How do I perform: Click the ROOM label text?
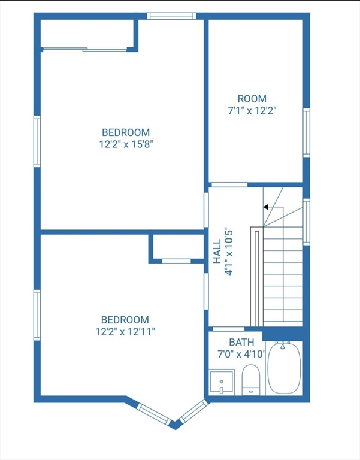click(x=252, y=99)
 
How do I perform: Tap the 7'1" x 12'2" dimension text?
click(x=252, y=111)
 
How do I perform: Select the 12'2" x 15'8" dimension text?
click(x=126, y=144)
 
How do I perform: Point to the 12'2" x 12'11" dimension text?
click(x=125, y=331)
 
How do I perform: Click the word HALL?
click(x=217, y=252)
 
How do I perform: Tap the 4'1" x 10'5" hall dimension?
click(x=229, y=252)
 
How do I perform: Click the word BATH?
click(x=241, y=342)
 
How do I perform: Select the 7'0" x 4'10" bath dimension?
click(x=241, y=354)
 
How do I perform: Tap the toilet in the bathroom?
click(x=251, y=380)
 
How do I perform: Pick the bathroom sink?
click(x=222, y=382)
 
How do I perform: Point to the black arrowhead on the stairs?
click(x=266, y=207)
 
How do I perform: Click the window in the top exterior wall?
click(x=171, y=16)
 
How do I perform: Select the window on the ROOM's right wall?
click(x=306, y=132)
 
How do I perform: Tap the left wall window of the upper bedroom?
click(x=37, y=141)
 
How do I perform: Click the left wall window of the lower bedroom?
click(x=37, y=315)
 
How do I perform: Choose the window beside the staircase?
click(x=306, y=222)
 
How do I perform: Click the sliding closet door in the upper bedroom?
click(x=86, y=49)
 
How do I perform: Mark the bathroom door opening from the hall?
click(x=228, y=329)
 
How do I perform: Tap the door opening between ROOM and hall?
click(x=229, y=185)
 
